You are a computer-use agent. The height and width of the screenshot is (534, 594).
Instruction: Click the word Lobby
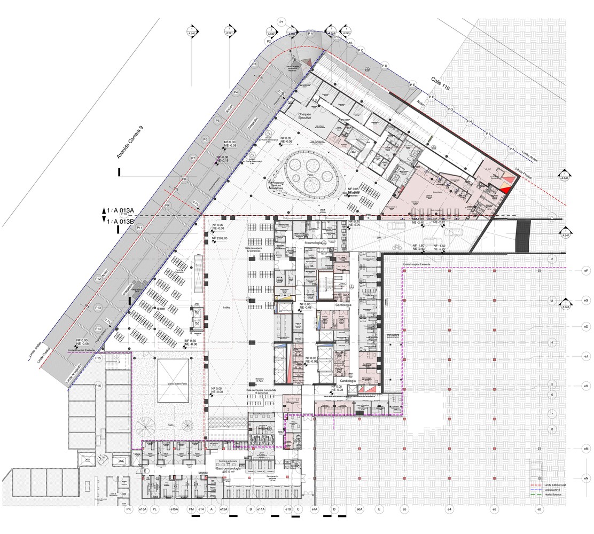point(223,308)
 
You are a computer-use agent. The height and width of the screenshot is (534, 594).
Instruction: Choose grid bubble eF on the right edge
point(586,271)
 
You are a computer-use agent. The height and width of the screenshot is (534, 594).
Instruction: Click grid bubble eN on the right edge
point(586,478)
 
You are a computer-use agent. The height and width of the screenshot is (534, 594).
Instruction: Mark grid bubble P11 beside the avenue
point(139,228)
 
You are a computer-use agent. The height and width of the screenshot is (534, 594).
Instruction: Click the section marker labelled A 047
point(565,233)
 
